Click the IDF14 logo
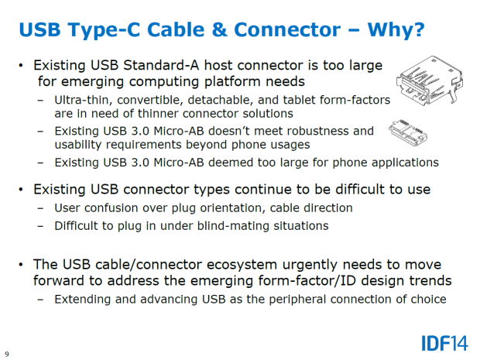442,341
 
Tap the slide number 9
7,354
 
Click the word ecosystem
227,265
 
